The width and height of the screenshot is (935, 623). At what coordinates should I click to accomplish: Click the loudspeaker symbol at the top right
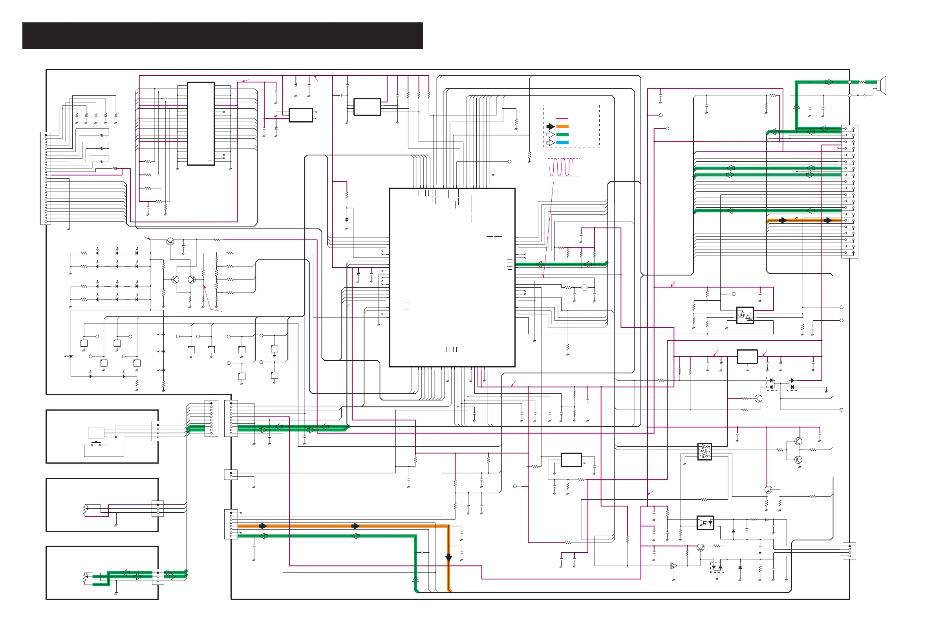[x=881, y=85]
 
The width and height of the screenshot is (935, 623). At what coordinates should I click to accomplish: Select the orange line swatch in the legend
[x=562, y=126]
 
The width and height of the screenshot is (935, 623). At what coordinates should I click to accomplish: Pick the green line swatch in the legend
[x=562, y=135]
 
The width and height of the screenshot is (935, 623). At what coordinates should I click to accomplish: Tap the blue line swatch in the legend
[x=562, y=143]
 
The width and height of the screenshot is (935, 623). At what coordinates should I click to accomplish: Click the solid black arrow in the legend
[x=550, y=126]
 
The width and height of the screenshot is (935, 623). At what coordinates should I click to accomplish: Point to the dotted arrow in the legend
[x=550, y=143]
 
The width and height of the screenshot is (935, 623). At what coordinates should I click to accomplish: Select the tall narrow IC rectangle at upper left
[x=201, y=124]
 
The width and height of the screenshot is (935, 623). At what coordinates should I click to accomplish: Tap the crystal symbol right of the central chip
[x=584, y=287]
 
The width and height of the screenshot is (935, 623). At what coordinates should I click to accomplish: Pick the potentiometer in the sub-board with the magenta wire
[x=85, y=510]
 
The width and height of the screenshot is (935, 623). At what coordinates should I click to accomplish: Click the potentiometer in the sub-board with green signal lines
[x=85, y=578]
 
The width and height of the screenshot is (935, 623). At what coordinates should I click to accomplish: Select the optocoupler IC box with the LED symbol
[x=705, y=523]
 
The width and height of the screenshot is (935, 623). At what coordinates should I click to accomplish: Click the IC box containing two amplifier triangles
[x=745, y=316]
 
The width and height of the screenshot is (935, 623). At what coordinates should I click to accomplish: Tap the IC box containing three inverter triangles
[x=704, y=452]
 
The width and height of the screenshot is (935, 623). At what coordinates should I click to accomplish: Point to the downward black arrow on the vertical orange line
[x=448, y=558]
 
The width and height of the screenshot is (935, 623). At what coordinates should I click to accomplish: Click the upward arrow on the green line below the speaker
[x=796, y=106]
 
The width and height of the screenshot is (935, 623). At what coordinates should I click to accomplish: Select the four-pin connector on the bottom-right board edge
[x=849, y=551]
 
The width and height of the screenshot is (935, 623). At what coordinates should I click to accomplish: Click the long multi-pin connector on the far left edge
[x=46, y=178]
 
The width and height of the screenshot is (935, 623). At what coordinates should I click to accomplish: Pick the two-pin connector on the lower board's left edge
[x=231, y=475]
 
